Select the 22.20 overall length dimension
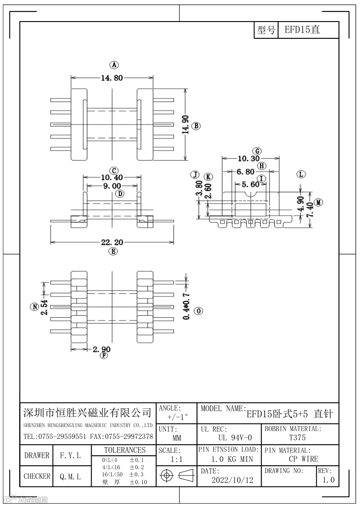(112, 242)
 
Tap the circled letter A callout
(114, 65)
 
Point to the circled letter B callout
(196, 126)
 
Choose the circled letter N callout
(34, 307)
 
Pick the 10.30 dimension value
(248, 159)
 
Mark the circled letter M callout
(319, 202)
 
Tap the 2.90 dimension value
(101, 349)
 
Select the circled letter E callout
(113, 251)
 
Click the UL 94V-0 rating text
(229, 438)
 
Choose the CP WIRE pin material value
(303, 459)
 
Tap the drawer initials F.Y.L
(70, 455)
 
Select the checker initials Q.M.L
(70, 476)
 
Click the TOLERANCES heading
(125, 450)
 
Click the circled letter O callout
(198, 311)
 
